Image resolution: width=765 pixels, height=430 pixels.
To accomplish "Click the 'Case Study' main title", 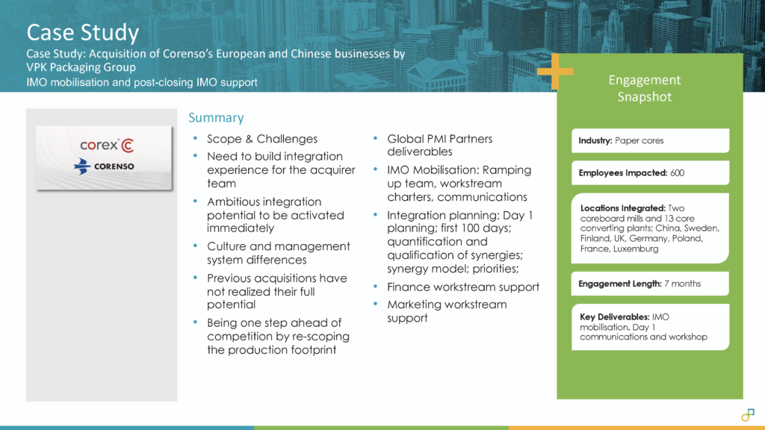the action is point(83,33).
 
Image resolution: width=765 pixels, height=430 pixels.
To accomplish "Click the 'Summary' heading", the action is point(216,117).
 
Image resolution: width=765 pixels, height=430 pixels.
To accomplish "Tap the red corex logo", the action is point(107,146).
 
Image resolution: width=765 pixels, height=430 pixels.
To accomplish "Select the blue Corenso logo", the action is point(104,166).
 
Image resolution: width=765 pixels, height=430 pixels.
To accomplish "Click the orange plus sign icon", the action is point(555,72).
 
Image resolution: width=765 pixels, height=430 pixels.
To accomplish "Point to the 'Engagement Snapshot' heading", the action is point(645,88).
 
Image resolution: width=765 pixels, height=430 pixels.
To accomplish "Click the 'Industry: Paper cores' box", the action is point(651,140).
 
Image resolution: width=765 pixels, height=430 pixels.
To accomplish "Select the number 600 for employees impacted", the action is point(677,172).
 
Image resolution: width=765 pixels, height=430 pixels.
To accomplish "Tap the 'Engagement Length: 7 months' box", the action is point(651,283).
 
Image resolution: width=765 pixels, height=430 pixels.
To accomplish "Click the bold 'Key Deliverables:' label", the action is point(614,317).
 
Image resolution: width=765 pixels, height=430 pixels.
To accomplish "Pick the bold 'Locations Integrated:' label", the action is point(623,208).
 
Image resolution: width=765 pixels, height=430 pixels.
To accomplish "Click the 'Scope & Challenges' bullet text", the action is point(262,139).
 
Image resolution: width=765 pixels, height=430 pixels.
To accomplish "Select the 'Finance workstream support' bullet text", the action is point(463,287).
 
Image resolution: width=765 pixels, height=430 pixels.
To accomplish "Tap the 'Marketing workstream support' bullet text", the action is point(447,311).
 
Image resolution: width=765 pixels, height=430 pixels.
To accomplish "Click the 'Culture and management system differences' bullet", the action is point(278,253).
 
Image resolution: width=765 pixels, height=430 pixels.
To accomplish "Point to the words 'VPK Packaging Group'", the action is point(81,67).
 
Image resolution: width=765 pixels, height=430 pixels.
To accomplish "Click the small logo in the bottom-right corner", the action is point(747,415).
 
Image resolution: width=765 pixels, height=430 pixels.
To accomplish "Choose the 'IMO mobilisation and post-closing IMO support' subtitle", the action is point(141,82).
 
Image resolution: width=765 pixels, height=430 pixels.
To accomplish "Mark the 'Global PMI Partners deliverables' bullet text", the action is point(439,146).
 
